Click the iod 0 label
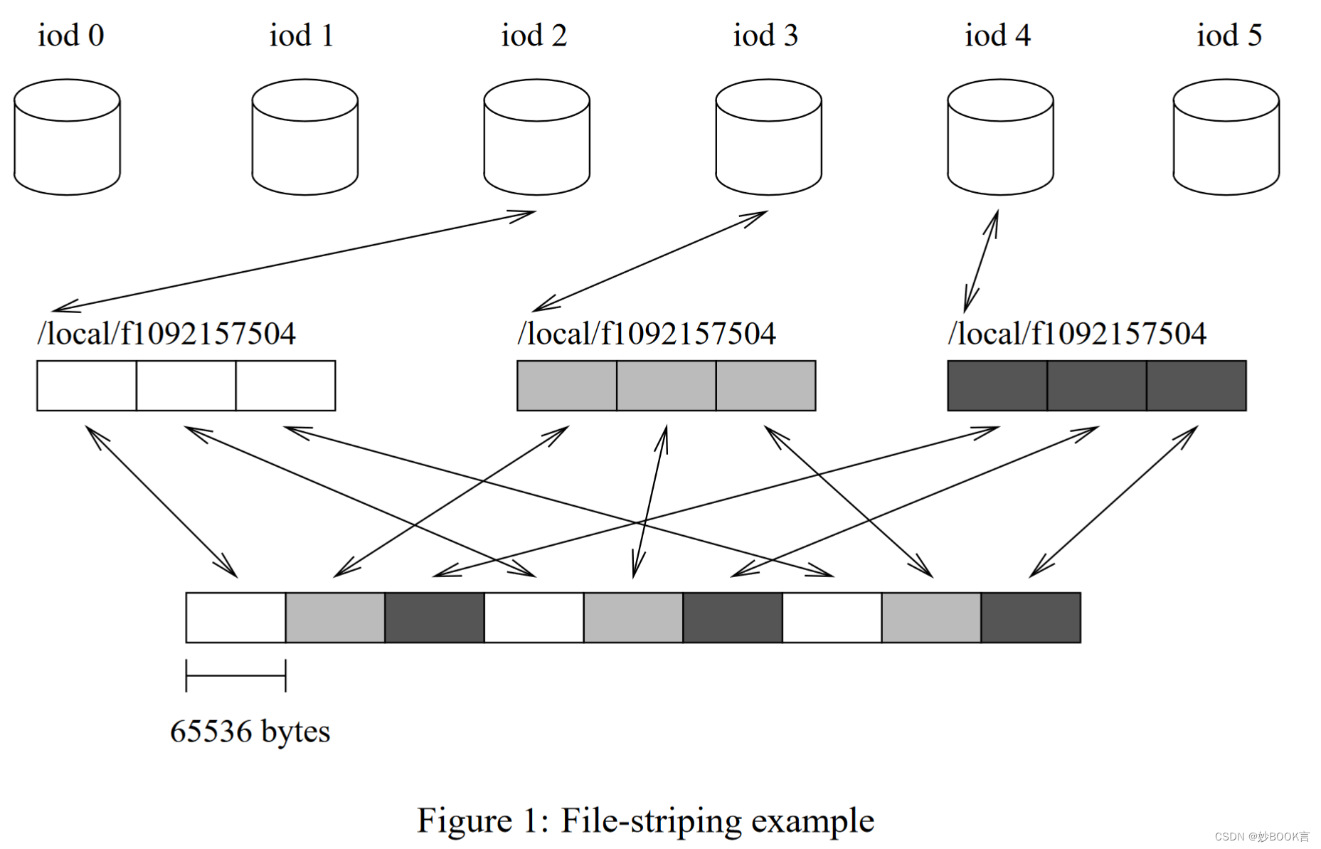pyautogui.click(x=70, y=36)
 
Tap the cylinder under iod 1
pyautogui.click(x=304, y=137)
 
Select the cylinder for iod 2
pyautogui.click(x=536, y=137)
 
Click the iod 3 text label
pyautogui.click(x=765, y=36)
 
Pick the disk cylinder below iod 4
pyautogui.click(x=999, y=137)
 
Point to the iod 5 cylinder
pyautogui.click(x=1226, y=137)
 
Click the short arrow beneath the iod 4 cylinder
pyautogui.click(x=982, y=260)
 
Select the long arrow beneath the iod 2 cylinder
pyautogui.click(x=293, y=261)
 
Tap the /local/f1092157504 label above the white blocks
pyautogui.click(x=166, y=334)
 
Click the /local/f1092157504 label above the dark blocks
pyautogui.click(x=1077, y=334)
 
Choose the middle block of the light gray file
pyautogui.click(x=666, y=386)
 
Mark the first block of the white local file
pyautogui.click(x=87, y=386)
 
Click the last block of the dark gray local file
pyautogui.click(x=1196, y=386)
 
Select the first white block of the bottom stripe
pyautogui.click(x=235, y=618)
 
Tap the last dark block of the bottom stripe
pyautogui.click(x=1030, y=618)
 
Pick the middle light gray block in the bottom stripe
pyautogui.click(x=633, y=618)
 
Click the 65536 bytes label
pyautogui.click(x=250, y=732)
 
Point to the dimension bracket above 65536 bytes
pyautogui.click(x=235, y=675)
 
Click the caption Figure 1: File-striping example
pyautogui.click(x=645, y=821)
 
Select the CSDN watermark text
pyautogui.click(x=1261, y=837)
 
